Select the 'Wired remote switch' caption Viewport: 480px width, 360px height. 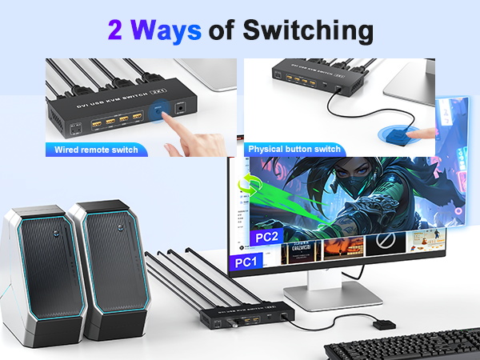click(x=96, y=150)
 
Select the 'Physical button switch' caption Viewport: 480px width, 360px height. click(x=294, y=149)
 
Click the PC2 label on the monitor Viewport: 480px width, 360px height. click(x=266, y=238)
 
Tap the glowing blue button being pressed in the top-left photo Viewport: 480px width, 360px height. click(x=162, y=113)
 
